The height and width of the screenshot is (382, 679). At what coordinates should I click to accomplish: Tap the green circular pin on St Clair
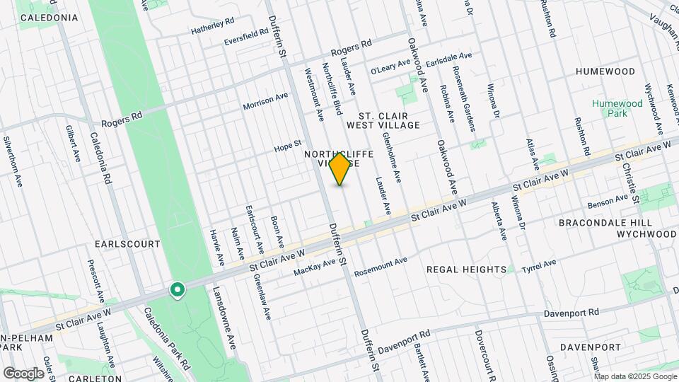click(177, 289)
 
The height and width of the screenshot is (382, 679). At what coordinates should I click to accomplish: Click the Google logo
click(23, 373)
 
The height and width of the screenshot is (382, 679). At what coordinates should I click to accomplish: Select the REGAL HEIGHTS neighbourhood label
click(467, 270)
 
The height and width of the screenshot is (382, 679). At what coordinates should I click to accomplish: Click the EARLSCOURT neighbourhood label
click(127, 243)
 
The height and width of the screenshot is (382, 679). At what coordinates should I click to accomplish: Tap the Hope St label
click(289, 149)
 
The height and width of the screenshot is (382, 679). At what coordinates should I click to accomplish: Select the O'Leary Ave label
click(390, 66)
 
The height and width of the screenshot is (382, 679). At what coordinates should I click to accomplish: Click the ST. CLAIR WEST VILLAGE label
click(389, 120)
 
